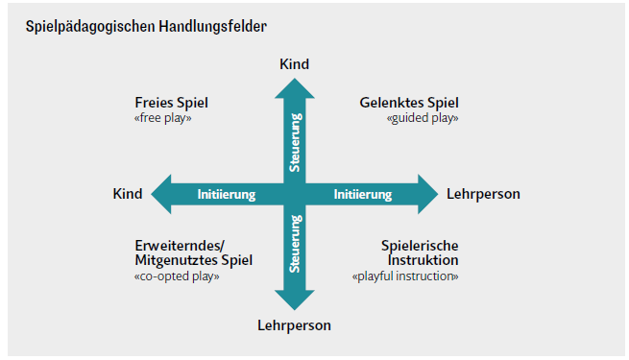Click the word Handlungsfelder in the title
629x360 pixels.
pyautogui.click(x=189, y=26)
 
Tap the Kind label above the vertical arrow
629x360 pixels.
pyautogui.click(x=295, y=64)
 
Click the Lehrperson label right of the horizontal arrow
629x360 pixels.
pyautogui.click(x=483, y=194)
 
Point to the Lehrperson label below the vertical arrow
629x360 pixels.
pyautogui.click(x=294, y=325)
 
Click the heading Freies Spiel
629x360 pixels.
pyautogui.click(x=171, y=103)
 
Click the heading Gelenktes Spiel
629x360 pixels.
pyautogui.click(x=409, y=103)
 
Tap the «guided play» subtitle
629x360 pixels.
pyautogui.click(x=423, y=118)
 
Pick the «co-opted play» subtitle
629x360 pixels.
pyautogui.click(x=178, y=276)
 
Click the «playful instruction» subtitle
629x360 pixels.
pyautogui.click(x=405, y=276)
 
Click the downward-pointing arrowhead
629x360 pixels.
pyautogui.click(x=295, y=300)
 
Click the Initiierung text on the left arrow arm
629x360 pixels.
pyautogui.click(x=226, y=195)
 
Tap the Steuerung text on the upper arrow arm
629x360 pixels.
pyautogui.click(x=296, y=144)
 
